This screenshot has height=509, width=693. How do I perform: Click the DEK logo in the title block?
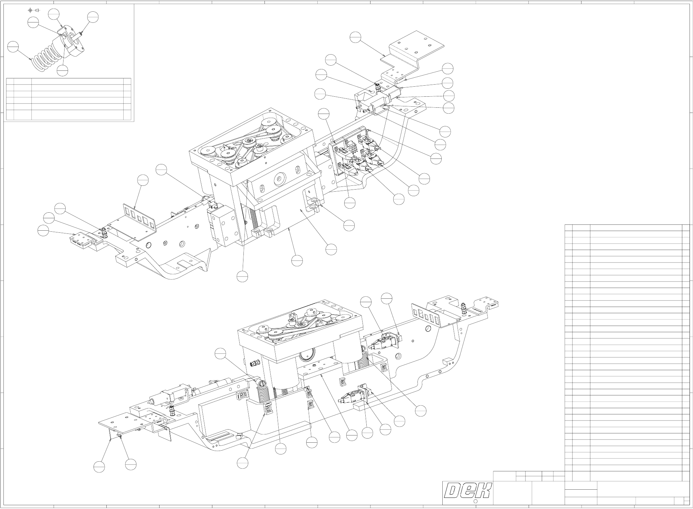point(468,490)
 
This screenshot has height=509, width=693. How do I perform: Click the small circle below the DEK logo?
point(475,501)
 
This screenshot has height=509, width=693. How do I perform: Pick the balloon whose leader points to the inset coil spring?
point(13,47)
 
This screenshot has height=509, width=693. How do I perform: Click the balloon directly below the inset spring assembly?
point(62,70)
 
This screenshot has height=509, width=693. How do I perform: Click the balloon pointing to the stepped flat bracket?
point(355,37)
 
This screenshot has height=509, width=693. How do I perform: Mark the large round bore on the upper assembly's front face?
point(278,179)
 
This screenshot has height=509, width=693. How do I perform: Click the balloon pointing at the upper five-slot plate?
point(143,180)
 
